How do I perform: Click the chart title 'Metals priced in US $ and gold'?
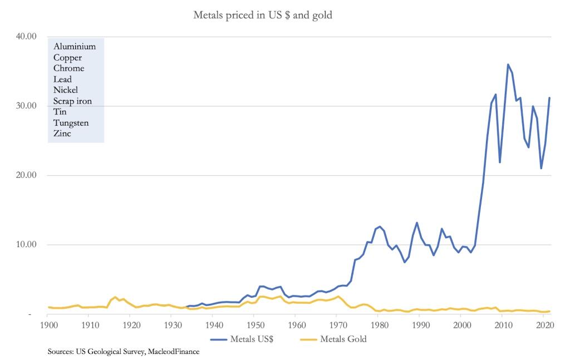coord(262,15)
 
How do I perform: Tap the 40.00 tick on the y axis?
coord(24,37)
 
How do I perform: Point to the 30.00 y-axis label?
coord(24,106)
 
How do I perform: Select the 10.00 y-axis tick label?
coord(24,245)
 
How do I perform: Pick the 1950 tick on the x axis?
coord(254,325)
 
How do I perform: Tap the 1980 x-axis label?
coord(378,325)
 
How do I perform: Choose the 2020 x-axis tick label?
coord(543,325)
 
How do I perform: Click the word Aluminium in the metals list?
coord(75,47)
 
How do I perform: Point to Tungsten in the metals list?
coord(71,122)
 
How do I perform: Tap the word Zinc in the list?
coord(62,134)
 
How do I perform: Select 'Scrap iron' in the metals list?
coord(72,101)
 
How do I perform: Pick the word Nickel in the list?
coord(66,90)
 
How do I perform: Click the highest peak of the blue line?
coord(508,65)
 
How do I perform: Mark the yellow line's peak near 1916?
coord(115,297)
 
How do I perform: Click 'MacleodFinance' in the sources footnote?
coord(172,352)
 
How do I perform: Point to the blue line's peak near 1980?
coord(380,226)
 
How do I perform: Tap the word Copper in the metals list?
coord(68,58)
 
